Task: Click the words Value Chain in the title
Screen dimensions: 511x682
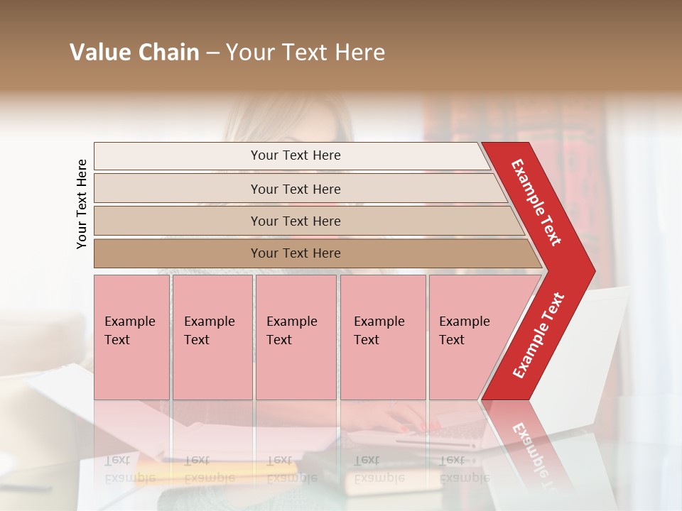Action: point(134,53)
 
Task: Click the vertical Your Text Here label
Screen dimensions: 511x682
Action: point(82,204)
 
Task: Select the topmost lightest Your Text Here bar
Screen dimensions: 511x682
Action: point(296,155)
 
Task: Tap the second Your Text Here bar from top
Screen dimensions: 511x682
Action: point(296,189)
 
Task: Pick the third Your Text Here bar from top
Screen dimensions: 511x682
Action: point(296,221)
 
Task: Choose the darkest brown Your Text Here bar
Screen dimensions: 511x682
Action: point(296,253)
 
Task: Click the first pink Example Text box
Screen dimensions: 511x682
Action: point(131,337)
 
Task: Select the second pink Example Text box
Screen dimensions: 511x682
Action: point(212,337)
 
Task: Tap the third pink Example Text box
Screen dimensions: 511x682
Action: point(296,337)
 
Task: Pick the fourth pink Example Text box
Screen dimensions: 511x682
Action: point(383,337)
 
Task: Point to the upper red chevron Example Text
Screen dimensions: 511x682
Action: point(537,202)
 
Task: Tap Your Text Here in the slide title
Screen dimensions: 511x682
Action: point(305,53)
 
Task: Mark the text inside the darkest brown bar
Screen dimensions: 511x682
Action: point(296,253)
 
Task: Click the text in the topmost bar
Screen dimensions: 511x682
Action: point(296,155)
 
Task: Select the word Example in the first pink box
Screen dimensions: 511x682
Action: point(129,322)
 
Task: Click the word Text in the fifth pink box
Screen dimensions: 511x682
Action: point(452,340)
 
